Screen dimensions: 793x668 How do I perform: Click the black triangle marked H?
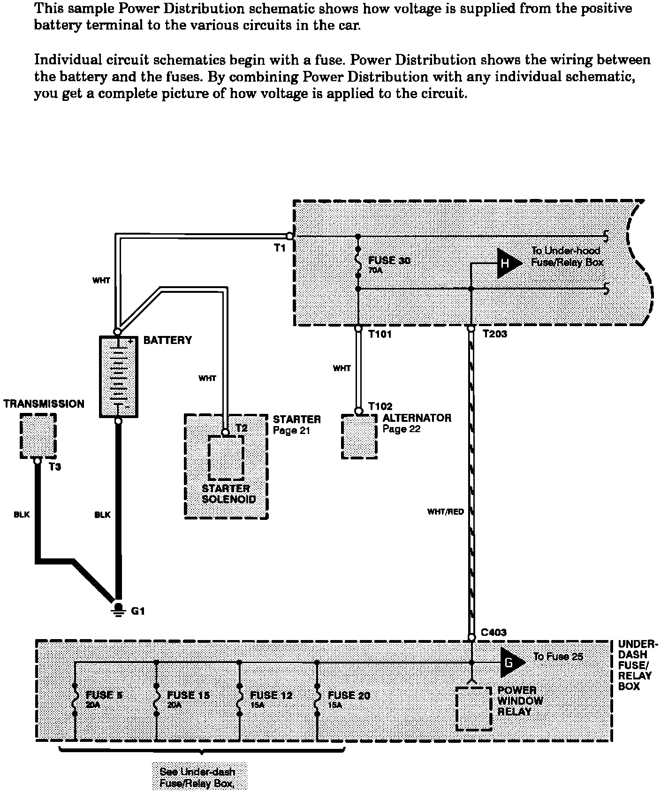pyautogui.click(x=508, y=263)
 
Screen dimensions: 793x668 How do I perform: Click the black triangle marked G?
pyautogui.click(x=510, y=663)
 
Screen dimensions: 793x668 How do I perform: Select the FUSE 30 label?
pyautogui.click(x=389, y=260)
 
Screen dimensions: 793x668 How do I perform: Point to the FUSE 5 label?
pyautogui.click(x=104, y=695)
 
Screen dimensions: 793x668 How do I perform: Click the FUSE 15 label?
pyautogui.click(x=188, y=695)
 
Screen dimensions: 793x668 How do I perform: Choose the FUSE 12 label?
pyautogui.click(x=271, y=695)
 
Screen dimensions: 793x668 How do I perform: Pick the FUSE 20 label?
pyautogui.click(x=349, y=695)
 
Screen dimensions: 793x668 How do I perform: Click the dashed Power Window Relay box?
pyautogui.click(x=474, y=709)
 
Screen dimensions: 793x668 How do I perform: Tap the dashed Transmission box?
pyautogui.click(x=38, y=436)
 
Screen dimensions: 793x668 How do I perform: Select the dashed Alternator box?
pyautogui.click(x=359, y=437)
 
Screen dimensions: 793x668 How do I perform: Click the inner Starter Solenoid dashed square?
pyautogui.click(x=226, y=457)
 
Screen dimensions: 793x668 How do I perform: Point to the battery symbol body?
pyautogui.click(x=119, y=376)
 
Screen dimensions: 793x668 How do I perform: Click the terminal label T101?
pyautogui.click(x=380, y=335)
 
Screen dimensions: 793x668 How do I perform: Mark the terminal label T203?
pyautogui.click(x=495, y=335)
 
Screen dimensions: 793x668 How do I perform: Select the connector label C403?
pyautogui.click(x=494, y=633)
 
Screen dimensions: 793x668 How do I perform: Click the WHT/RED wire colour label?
pyautogui.click(x=445, y=511)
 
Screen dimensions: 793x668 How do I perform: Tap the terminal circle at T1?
pyautogui.click(x=290, y=236)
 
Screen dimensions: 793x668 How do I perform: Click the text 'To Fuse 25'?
pyautogui.click(x=558, y=656)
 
